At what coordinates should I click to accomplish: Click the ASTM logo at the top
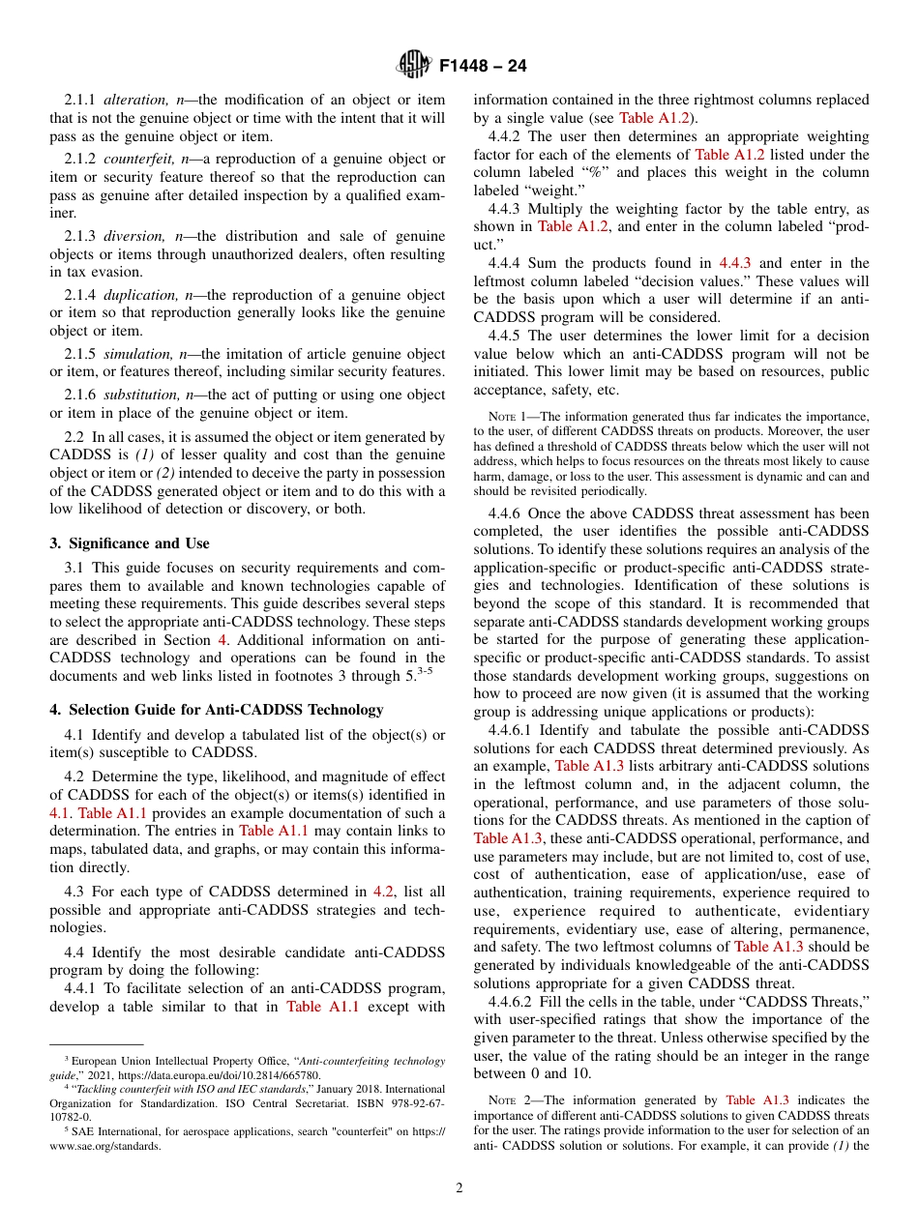(414, 66)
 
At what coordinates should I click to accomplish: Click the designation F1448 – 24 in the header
(483, 67)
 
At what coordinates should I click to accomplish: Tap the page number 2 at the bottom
(459, 1188)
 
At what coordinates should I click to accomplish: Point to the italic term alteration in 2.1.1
(133, 100)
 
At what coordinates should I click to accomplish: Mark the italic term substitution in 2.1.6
(141, 394)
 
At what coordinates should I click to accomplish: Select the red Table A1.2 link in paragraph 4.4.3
(568, 226)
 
